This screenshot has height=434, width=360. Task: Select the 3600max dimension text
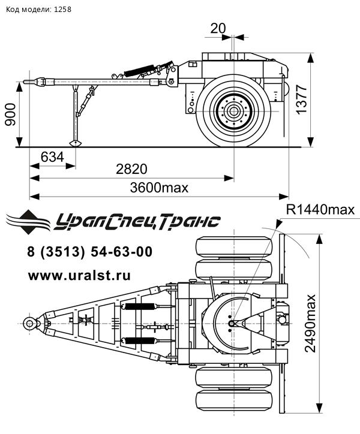(x=159, y=188)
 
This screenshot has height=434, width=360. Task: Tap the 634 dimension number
(x=52, y=157)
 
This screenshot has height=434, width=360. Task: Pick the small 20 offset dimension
(x=218, y=28)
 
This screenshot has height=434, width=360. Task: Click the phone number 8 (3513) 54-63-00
(x=89, y=252)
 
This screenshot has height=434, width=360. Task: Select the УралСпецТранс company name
(x=137, y=222)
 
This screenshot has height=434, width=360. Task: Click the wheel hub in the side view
(x=234, y=111)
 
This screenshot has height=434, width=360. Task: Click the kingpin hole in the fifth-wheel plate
(x=232, y=324)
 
